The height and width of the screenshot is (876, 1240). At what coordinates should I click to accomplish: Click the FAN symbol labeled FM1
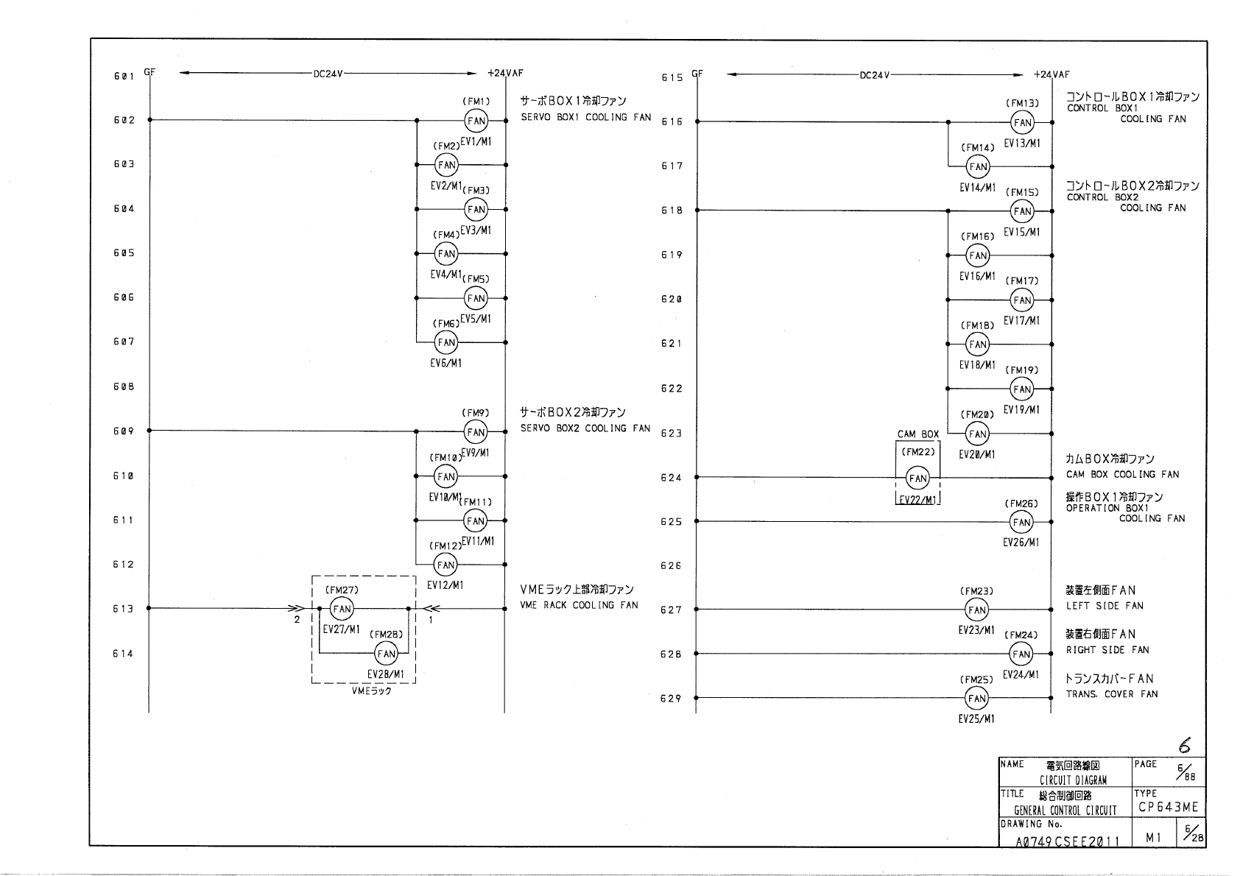(x=476, y=121)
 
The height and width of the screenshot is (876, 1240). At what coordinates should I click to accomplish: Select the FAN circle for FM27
(x=342, y=609)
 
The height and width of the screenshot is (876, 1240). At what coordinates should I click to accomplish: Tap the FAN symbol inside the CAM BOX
(x=917, y=478)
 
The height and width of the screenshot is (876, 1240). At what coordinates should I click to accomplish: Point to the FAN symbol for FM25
(x=976, y=698)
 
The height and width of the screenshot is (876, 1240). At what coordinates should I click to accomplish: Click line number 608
(x=123, y=387)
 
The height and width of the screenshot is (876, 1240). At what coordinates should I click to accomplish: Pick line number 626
(x=671, y=566)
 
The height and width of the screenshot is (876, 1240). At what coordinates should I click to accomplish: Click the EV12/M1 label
(x=445, y=585)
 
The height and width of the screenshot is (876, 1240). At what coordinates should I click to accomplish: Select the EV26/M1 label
(x=1021, y=543)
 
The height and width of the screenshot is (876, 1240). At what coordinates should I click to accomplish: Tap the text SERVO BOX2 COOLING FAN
(x=585, y=428)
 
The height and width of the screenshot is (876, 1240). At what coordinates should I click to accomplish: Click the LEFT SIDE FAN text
(x=1105, y=606)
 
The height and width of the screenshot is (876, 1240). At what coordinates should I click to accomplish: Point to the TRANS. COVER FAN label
(x=1112, y=694)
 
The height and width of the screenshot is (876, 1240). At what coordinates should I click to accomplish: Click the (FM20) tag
(x=977, y=414)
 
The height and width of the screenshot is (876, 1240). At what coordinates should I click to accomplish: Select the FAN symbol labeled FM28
(x=387, y=654)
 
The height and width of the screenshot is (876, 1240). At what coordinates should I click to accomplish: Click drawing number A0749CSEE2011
(x=1067, y=841)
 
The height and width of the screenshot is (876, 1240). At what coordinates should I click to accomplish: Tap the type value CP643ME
(x=1168, y=808)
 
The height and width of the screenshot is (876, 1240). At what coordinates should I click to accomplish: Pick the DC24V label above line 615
(x=875, y=75)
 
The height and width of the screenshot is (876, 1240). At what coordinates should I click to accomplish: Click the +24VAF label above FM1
(x=505, y=74)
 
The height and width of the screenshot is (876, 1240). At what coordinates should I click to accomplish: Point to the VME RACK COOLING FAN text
(x=579, y=605)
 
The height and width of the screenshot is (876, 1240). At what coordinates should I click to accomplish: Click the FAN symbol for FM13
(x=1022, y=123)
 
